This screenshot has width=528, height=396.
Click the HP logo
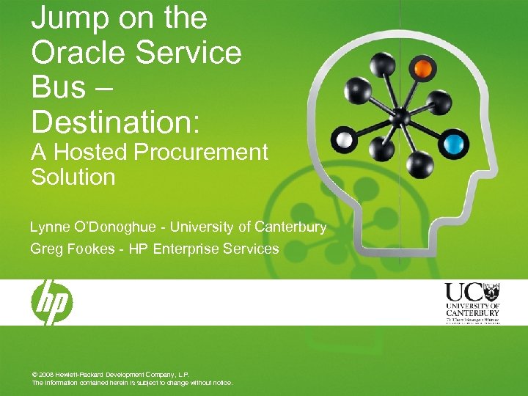[51, 302]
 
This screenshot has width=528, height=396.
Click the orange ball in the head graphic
[422, 69]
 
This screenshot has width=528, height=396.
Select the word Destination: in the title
[114, 121]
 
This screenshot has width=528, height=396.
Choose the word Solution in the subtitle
[73, 177]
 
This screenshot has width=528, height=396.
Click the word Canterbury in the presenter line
[290, 227]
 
